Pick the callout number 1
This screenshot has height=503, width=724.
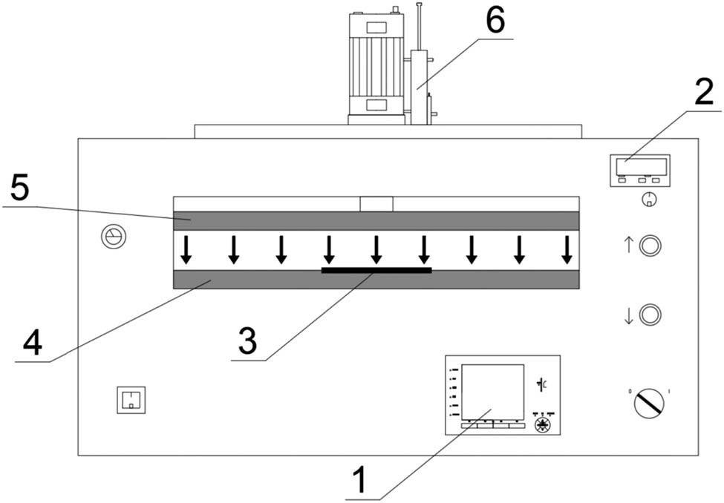(x=358, y=480)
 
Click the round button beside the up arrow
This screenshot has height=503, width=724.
(x=650, y=246)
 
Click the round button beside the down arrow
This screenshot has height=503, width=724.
(x=650, y=315)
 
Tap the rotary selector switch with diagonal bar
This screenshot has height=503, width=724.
(x=650, y=403)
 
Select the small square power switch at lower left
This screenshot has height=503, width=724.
(x=129, y=400)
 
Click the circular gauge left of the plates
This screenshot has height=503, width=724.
(x=114, y=237)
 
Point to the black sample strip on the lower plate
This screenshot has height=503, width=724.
(x=376, y=270)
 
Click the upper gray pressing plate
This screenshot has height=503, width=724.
(x=376, y=220)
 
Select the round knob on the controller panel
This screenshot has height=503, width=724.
(x=544, y=424)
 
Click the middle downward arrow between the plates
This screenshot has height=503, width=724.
(x=376, y=250)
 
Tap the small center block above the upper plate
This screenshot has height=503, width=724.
(x=376, y=203)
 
